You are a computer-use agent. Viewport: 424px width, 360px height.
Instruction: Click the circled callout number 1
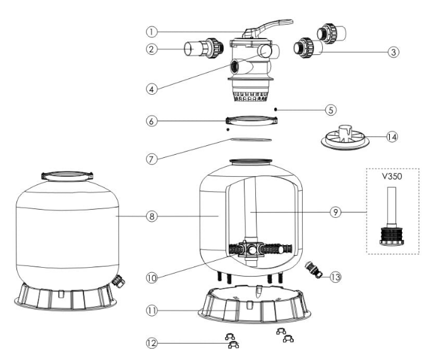[x=152, y=32]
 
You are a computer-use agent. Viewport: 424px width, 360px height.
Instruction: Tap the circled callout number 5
[x=331, y=110]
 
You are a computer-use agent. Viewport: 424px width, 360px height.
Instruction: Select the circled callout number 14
[x=392, y=137]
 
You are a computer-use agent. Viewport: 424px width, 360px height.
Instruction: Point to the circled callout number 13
[x=336, y=277]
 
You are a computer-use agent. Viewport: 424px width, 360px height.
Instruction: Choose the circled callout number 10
[x=152, y=277]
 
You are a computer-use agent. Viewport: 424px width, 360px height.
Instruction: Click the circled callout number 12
[x=152, y=343]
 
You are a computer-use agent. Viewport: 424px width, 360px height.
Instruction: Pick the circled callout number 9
[x=336, y=212]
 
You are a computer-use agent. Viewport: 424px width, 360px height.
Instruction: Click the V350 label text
[x=392, y=176]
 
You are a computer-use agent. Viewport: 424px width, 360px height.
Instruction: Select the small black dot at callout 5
[x=276, y=109]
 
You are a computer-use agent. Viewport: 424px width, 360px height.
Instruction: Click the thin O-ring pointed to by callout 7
[x=251, y=140]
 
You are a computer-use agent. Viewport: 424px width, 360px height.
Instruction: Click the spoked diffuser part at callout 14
[x=345, y=138]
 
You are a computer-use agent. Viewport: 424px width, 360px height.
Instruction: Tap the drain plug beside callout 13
[x=313, y=270]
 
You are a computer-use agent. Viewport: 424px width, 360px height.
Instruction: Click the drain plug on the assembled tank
[x=118, y=281]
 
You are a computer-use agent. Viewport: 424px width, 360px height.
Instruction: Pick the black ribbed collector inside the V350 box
[x=392, y=237]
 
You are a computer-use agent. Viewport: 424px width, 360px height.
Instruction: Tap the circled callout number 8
[x=152, y=216]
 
